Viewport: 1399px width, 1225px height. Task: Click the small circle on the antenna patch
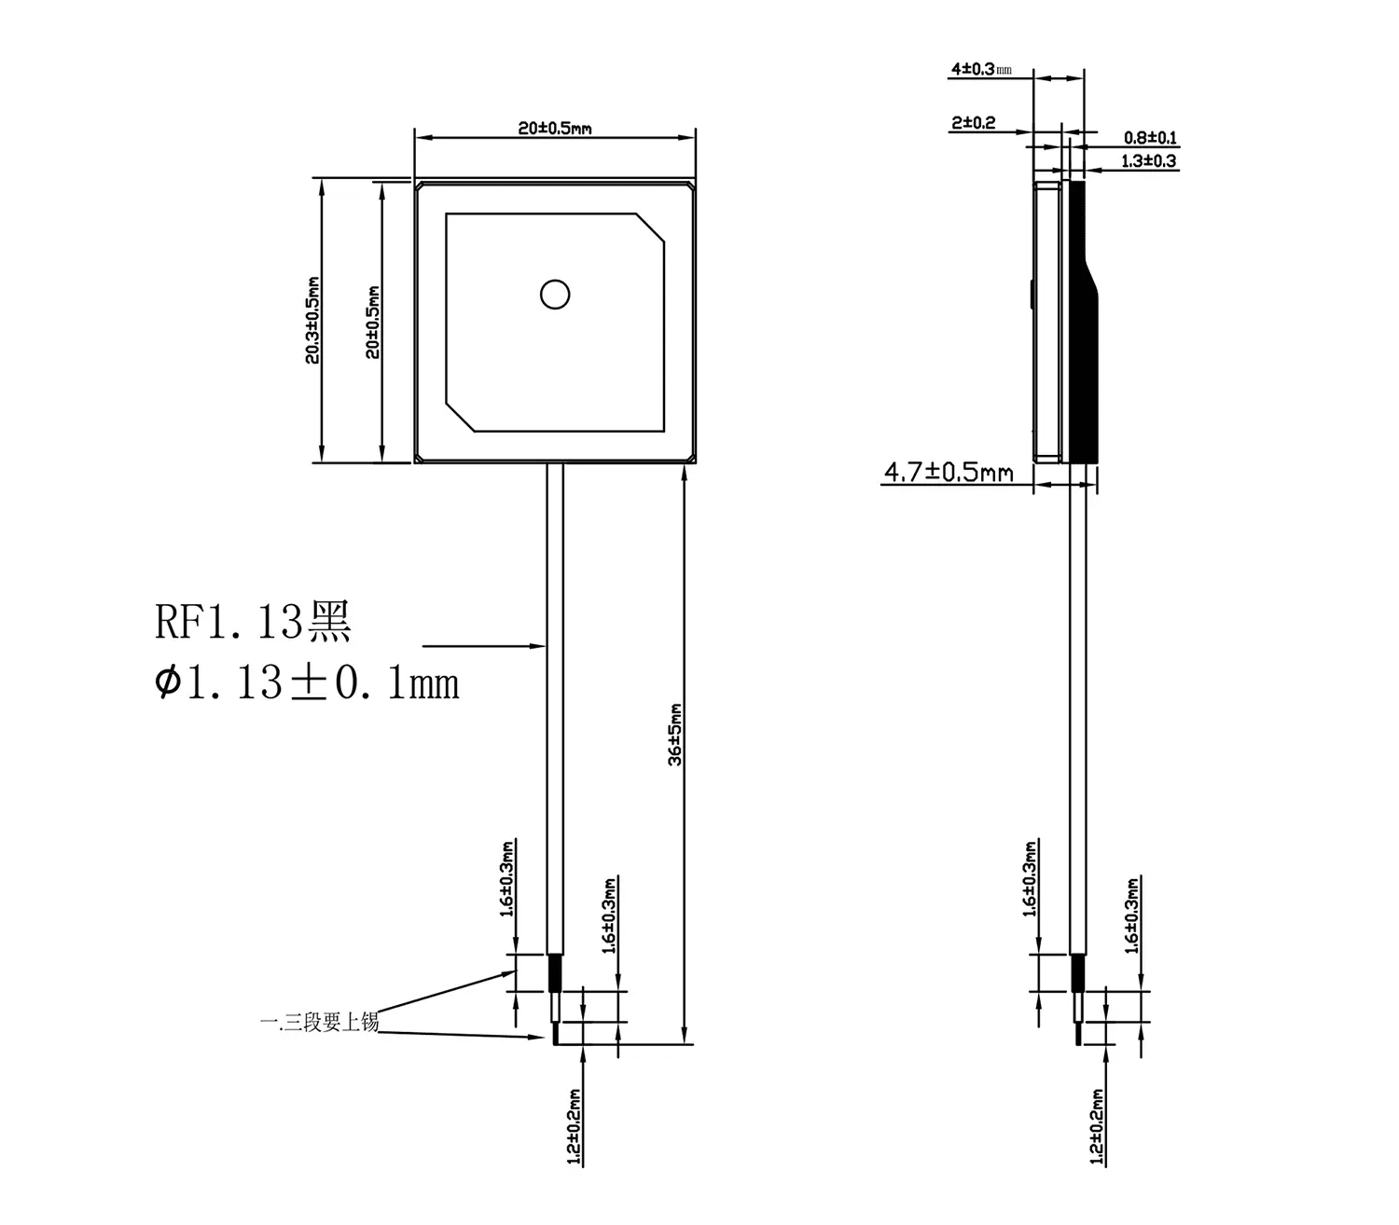(555, 295)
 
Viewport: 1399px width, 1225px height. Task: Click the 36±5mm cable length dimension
(676, 735)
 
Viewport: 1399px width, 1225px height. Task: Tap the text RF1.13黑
(253, 623)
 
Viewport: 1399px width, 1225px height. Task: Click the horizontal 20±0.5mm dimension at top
(555, 129)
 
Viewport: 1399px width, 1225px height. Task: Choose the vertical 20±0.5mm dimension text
(373, 322)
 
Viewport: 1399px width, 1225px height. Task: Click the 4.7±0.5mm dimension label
(948, 473)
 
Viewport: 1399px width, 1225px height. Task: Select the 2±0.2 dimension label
(973, 123)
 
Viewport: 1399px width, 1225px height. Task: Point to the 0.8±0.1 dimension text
(1149, 138)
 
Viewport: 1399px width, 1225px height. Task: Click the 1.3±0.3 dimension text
(1148, 161)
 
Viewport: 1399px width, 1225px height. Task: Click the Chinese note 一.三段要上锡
(319, 1023)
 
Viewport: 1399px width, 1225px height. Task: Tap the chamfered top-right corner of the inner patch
(651, 228)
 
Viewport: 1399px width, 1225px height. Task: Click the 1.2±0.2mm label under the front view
(574, 1126)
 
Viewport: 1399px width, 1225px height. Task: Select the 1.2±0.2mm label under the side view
(1097, 1126)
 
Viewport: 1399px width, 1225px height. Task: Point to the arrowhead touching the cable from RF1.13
(538, 644)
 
